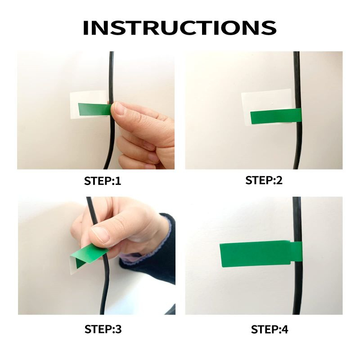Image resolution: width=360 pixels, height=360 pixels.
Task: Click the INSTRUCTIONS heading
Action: tap(180, 27)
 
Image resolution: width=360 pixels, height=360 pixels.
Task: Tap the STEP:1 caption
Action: tap(103, 181)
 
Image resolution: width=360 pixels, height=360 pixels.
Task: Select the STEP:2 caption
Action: tap(264, 180)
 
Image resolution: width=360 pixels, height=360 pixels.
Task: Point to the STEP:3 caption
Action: tap(103, 329)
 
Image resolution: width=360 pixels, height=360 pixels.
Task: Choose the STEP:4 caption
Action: tap(269, 329)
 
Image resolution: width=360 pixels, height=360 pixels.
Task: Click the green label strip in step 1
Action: tap(94, 109)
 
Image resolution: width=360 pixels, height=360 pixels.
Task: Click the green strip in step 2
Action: tap(276, 116)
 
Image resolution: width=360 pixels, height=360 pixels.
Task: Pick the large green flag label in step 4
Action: tap(255, 254)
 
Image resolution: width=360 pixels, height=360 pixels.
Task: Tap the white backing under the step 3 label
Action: tap(73, 266)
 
